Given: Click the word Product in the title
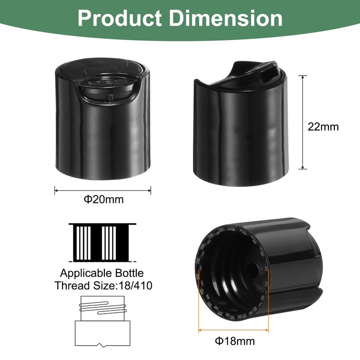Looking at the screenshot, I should click(119, 19).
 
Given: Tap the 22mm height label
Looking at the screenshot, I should click(323, 126).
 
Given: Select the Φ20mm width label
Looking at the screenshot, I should click(103, 199).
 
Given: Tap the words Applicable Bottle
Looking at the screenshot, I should click(102, 273).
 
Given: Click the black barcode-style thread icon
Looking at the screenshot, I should click(102, 242).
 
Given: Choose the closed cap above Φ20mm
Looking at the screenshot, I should click(103, 121).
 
